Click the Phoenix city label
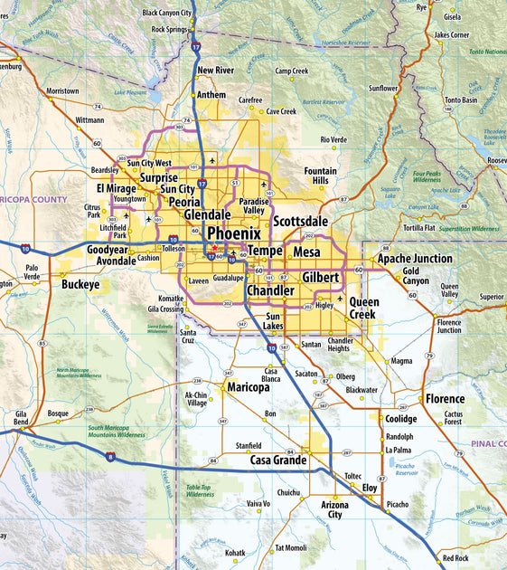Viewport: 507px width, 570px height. (x=234, y=233)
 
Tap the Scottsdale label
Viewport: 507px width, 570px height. (x=301, y=221)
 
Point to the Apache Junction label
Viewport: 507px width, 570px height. (x=415, y=259)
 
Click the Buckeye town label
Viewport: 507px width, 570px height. (x=80, y=284)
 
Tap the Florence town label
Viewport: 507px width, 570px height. (x=445, y=398)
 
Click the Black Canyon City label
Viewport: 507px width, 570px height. (x=167, y=14)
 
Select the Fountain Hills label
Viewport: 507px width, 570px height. (x=320, y=176)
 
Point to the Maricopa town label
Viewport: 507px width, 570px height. (x=248, y=387)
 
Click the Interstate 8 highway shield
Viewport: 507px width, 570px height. (x=109, y=459)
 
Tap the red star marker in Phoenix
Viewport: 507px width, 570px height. (x=214, y=248)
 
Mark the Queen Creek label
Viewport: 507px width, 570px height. (x=364, y=309)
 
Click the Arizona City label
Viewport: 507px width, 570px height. (x=334, y=509)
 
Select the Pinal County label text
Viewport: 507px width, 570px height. (x=488, y=444)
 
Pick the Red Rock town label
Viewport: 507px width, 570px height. (x=455, y=558)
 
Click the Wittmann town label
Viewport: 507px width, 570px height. (x=89, y=119)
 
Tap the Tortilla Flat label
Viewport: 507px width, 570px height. (x=418, y=228)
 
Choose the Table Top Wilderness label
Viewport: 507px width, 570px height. (x=200, y=490)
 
